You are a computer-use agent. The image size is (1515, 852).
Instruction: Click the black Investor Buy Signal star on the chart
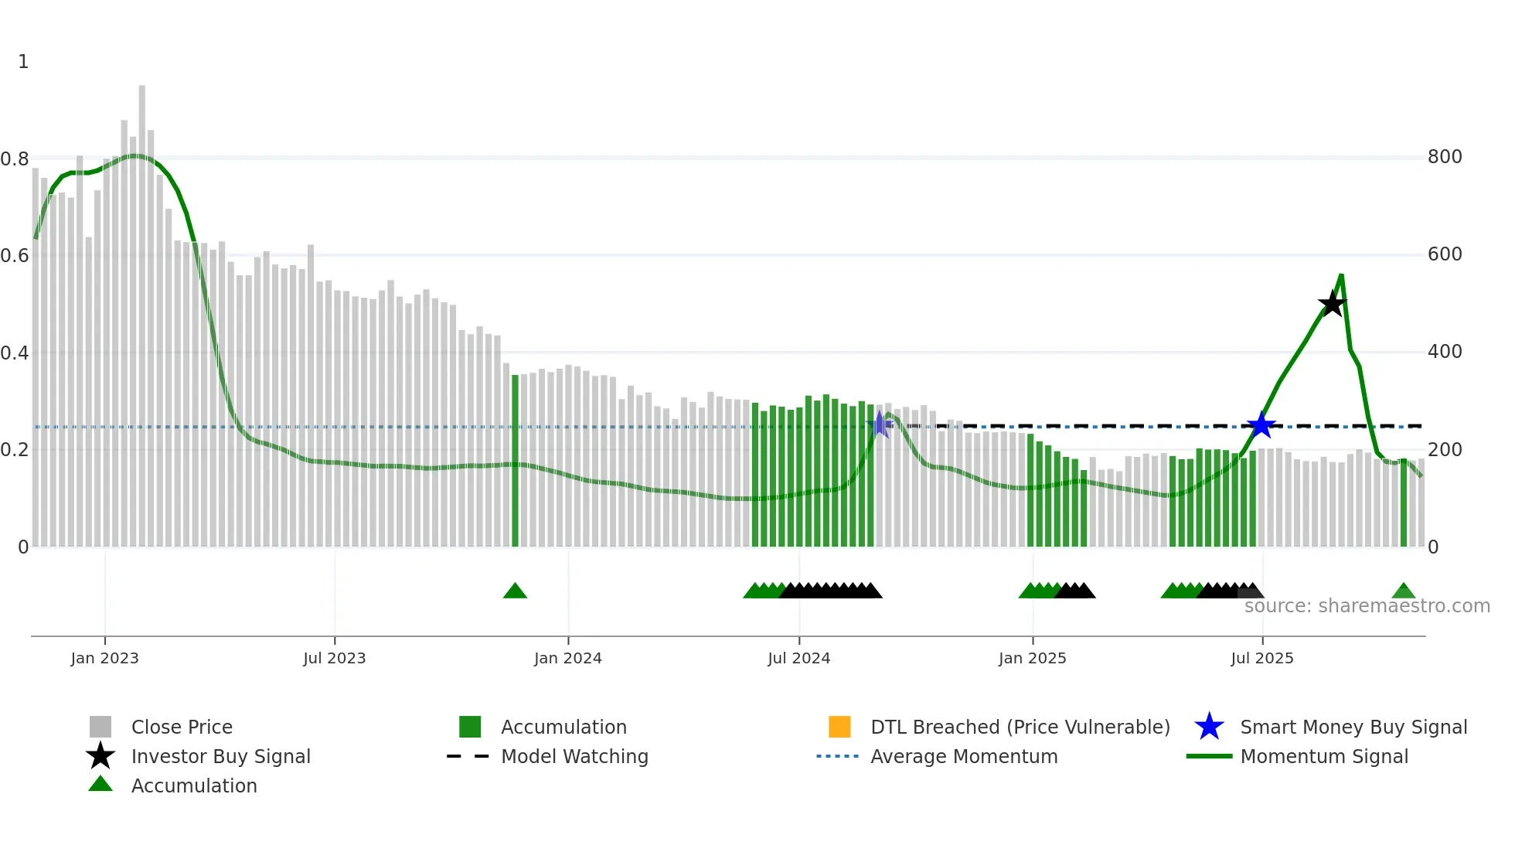pos(1332,304)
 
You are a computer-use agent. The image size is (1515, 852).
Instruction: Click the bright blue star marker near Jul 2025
pos(1261,425)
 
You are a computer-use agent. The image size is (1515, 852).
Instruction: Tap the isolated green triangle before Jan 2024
pos(515,591)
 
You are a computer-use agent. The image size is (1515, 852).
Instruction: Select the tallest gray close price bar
pos(142,309)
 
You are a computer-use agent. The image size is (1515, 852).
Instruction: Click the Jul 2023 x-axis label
pos(334,659)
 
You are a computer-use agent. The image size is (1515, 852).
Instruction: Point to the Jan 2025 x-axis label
pos(1032,659)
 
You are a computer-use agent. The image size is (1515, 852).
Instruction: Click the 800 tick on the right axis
pos(1444,157)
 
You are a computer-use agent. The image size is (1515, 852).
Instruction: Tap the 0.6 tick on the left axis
pos(15,256)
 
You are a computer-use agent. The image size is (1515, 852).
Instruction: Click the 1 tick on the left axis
pos(23,62)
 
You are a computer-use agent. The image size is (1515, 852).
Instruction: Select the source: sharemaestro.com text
pos(1367,606)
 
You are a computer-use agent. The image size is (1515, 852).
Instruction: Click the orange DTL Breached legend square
pos(839,727)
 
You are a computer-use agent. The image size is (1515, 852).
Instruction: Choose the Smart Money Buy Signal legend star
pos(1209,727)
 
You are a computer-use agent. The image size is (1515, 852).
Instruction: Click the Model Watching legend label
pos(574,757)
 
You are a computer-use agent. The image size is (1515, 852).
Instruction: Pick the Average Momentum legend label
pos(964,757)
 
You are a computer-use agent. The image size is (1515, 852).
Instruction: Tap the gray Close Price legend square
pos(100,727)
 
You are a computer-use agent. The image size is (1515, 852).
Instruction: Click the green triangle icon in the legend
pos(100,785)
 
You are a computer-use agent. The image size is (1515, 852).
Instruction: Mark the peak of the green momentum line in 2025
pos(1341,275)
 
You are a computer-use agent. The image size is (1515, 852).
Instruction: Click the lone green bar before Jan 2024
pos(516,460)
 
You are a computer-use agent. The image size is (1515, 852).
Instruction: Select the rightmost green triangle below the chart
pos(1403,591)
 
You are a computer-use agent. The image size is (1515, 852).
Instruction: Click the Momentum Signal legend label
pos(1324,757)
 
